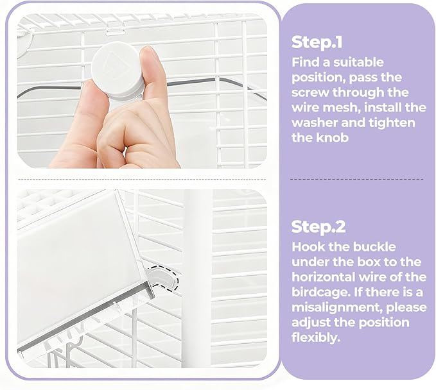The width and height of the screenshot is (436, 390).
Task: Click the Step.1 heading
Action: click(317, 42)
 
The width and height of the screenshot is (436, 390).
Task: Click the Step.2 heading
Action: click(318, 226)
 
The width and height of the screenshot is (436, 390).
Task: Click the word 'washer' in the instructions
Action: click(316, 122)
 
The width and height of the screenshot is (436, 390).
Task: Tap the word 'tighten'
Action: click(393, 122)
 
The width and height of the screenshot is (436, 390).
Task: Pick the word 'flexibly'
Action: click(315, 337)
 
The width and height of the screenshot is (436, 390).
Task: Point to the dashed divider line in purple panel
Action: click(357, 179)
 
